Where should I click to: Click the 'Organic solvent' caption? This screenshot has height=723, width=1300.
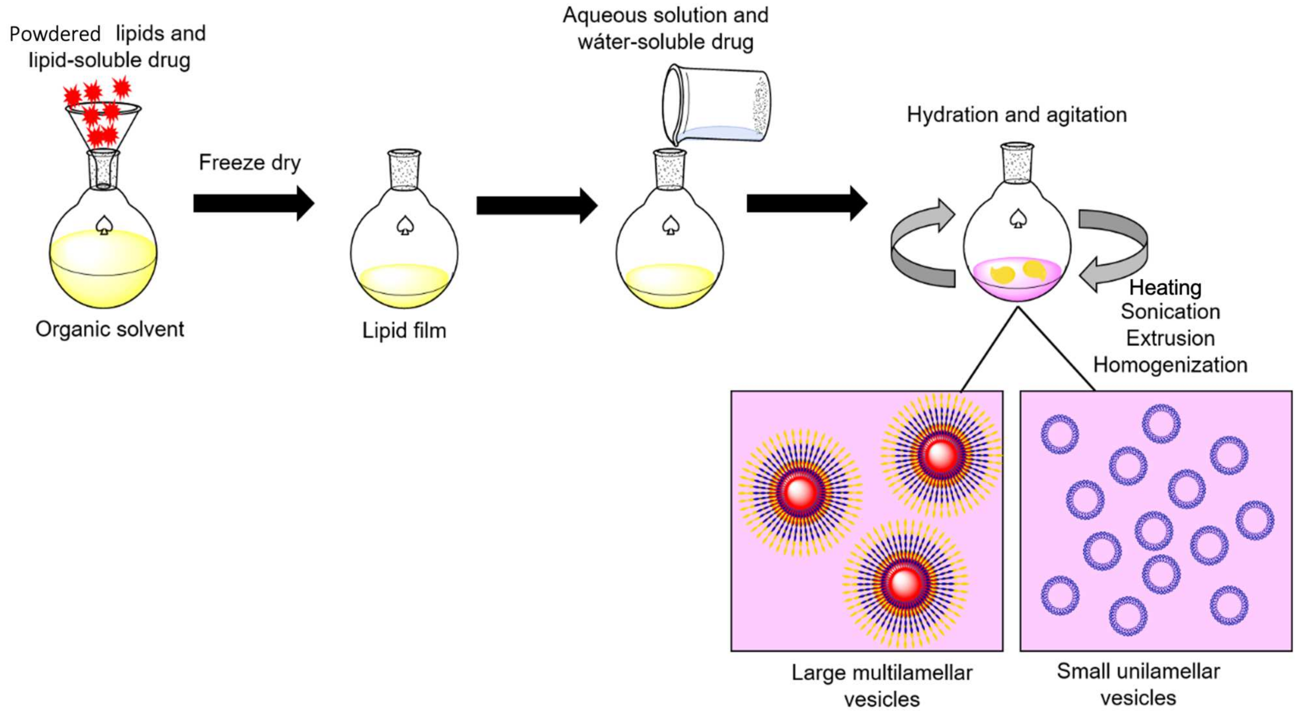coord(109,329)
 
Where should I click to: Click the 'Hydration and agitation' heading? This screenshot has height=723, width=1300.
coord(1016,115)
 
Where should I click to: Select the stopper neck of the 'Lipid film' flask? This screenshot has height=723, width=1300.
coord(404,169)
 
